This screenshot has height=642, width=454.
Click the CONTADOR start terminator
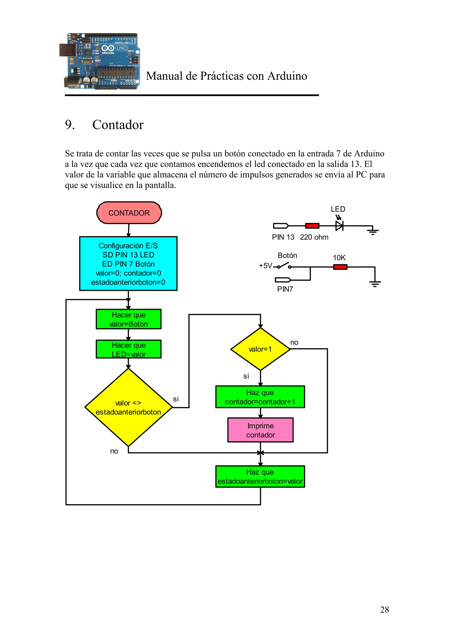[129, 213]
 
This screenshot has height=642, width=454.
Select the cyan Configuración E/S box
[128, 263]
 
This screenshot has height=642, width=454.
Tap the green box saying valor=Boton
[128, 319]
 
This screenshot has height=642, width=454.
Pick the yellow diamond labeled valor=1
[260, 349]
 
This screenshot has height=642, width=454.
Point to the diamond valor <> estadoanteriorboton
[128, 407]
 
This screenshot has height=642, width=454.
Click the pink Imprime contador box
[260, 430]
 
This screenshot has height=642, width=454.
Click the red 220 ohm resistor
[312, 226]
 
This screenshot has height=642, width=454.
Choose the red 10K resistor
[340, 267]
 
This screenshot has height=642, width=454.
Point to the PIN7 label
[285, 289]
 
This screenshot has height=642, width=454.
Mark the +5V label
[265, 266]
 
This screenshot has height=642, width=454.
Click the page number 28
[384, 610]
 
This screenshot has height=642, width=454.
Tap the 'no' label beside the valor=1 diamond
[294, 342]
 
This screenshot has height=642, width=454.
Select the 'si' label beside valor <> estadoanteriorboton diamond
[176, 399]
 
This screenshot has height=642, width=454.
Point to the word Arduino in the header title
[287, 76]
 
